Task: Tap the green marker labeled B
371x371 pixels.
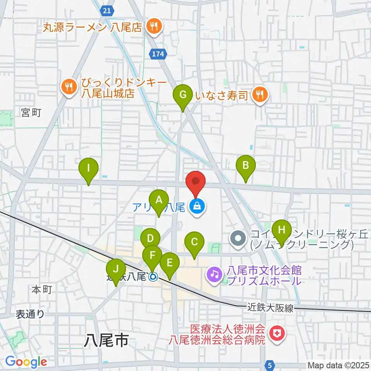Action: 245,165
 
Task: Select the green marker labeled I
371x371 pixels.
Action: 88,168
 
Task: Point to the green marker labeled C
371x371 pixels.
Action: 194,242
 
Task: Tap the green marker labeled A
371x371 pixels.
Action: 158,200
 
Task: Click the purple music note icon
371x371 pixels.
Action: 214,275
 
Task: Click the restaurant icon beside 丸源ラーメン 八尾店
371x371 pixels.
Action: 154,27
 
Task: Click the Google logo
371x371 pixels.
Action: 26,362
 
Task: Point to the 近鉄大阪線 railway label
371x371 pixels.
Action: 271,308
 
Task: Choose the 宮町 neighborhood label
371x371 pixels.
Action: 31,112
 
